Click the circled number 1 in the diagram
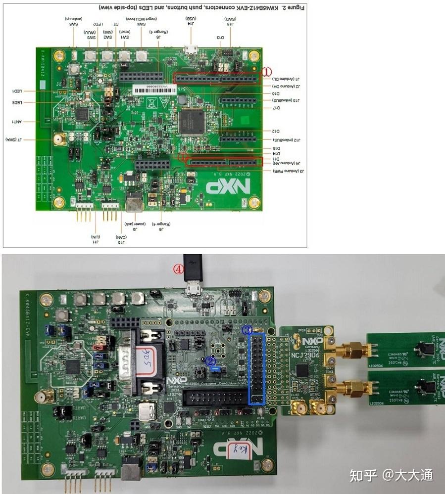pyautogui.click(x=267, y=72)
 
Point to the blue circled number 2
pyautogui.click(x=210, y=361)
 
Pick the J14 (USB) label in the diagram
pyautogui.click(x=191, y=21)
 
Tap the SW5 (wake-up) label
pyautogui.click(x=73, y=21)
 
